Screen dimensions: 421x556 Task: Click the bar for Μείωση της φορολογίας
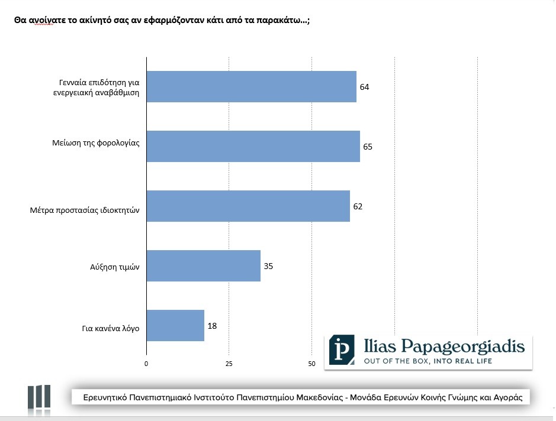[x=253, y=146]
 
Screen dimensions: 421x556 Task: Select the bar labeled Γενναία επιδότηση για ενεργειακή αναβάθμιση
[x=251, y=87]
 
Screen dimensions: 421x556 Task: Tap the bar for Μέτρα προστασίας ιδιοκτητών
[x=248, y=206]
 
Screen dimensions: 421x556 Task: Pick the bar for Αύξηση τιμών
[x=203, y=265]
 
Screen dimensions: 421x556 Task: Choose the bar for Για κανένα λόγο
[x=175, y=325]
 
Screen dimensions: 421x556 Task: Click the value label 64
[x=364, y=87]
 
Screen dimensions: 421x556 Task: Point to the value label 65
[x=368, y=146]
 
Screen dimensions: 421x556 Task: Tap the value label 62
[x=358, y=206]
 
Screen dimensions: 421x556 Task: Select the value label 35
[x=268, y=265]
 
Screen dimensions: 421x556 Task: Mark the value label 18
[x=212, y=325]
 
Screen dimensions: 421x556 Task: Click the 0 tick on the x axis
[x=146, y=363]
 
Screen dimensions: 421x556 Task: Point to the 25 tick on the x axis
[x=229, y=363]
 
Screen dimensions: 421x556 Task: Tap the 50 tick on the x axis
[x=311, y=363]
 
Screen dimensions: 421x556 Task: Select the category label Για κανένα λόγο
[x=111, y=328]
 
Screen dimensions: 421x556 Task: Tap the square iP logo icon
[x=342, y=350]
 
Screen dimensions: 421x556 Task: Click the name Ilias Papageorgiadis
[x=444, y=346]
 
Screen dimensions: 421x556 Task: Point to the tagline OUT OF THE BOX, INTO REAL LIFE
[x=436, y=361]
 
